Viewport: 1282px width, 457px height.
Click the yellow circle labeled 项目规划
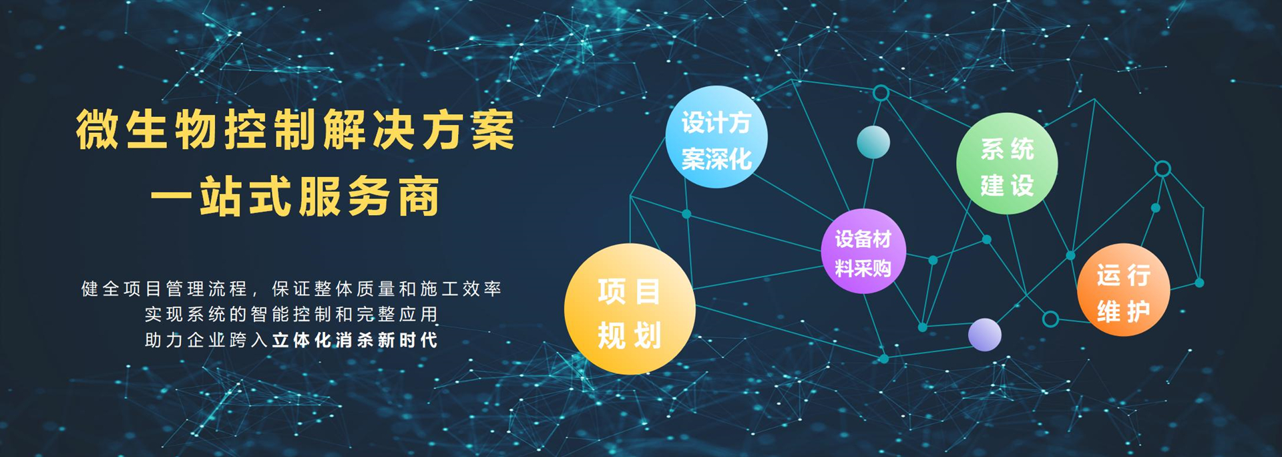pos(630,309)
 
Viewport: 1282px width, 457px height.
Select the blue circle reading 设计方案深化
pos(716,137)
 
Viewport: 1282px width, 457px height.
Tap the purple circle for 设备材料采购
pos(863,251)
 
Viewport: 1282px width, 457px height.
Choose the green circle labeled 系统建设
pos(1007,164)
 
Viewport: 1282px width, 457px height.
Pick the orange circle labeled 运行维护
pos(1123,290)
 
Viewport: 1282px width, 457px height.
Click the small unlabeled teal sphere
pos(873,142)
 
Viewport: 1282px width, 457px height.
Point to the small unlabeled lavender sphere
pos(985,335)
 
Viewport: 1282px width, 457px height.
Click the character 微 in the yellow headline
pos(97,130)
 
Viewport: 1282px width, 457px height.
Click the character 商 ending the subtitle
pos(419,197)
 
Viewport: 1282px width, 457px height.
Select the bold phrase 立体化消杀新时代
pos(355,340)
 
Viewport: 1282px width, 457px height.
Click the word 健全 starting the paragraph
pos(101,289)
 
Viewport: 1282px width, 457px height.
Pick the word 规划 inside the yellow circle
pos(630,335)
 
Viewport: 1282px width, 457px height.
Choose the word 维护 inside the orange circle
pos(1123,311)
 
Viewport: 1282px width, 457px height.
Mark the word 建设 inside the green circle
pos(1007,185)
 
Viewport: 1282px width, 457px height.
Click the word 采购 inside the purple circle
pos(877,269)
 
